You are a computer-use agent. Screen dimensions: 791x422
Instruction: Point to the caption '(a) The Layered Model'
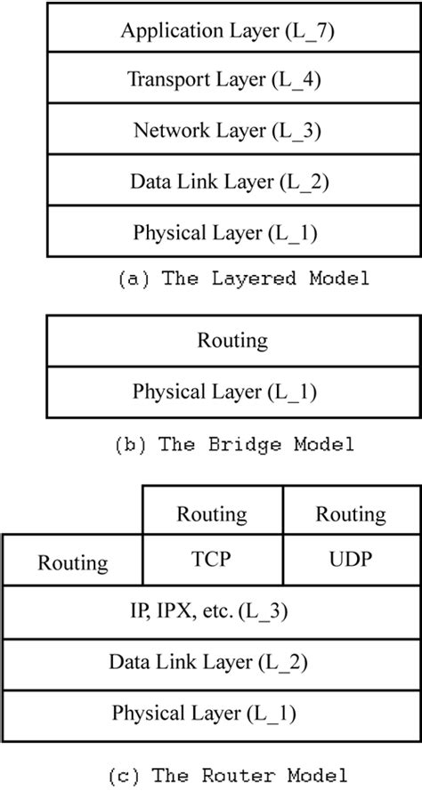[x=242, y=279]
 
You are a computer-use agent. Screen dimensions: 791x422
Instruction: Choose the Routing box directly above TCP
[x=212, y=513]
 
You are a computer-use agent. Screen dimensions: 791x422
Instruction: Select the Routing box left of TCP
[x=73, y=562]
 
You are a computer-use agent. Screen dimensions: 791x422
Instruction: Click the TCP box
[x=212, y=561]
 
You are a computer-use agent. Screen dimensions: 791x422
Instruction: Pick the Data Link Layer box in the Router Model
[x=212, y=662]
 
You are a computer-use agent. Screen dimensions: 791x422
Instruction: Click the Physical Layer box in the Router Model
[x=212, y=713]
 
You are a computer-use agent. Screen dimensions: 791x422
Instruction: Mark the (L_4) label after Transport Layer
[x=297, y=79]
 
